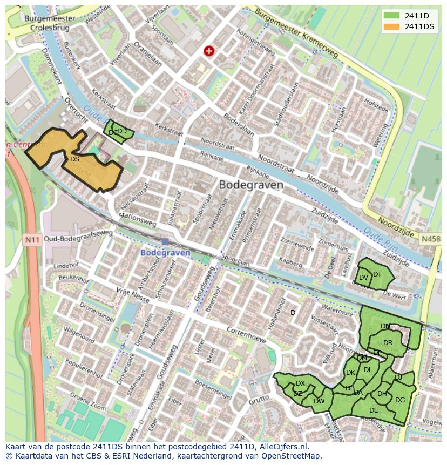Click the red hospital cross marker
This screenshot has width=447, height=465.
pos(209,51)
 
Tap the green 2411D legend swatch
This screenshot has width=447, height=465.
pos(392,15)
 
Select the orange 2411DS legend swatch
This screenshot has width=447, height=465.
pos(392,26)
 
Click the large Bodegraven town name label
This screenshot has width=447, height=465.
pos(251,185)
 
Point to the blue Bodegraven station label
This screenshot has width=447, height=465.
pos(165,252)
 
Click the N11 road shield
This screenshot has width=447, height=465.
pos(32,238)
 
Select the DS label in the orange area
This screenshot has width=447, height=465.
pos(74,159)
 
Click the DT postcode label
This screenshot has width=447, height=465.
pos(377,274)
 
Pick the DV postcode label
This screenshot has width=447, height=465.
pos(363,278)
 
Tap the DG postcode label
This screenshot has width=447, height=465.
pos(399,400)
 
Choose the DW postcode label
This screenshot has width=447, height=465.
pos(319,401)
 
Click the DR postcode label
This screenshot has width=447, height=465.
pos(388,343)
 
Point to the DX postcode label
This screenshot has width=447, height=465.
pos(300,383)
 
